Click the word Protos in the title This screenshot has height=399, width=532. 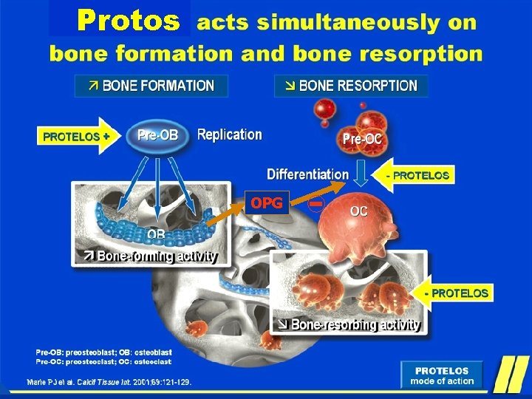coord(129,21)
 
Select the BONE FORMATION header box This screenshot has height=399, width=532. coord(151,86)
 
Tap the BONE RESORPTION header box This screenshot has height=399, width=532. coord(350,86)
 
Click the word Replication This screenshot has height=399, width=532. coord(229,135)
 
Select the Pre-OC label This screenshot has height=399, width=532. coord(361,138)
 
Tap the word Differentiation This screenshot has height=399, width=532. coord(307,174)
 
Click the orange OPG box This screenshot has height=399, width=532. coord(267,202)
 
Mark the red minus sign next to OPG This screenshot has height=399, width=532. coord(317,202)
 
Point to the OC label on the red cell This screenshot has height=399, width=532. coord(358,211)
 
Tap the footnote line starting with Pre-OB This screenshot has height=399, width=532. coord(103,352)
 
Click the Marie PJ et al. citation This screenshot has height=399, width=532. coord(109,382)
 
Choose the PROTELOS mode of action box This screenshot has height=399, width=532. coord(441,376)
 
